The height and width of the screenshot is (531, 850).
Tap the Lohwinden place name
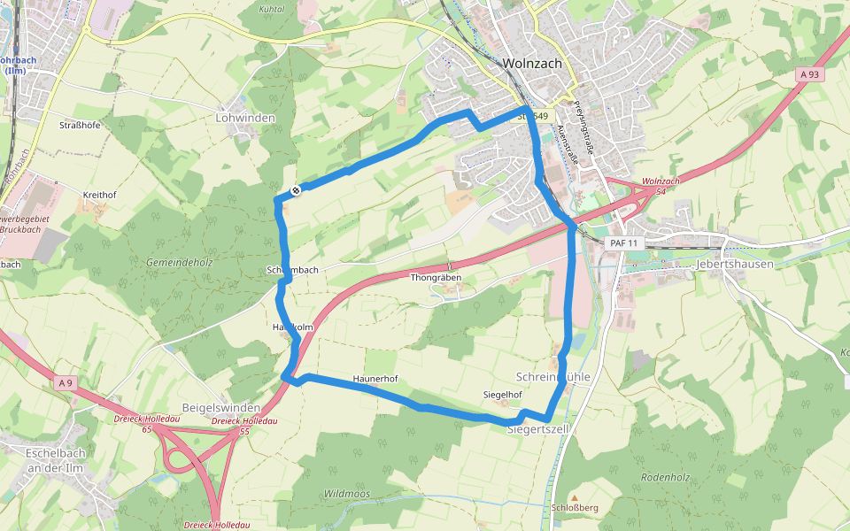[245, 118]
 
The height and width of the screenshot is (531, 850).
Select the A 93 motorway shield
[808, 75]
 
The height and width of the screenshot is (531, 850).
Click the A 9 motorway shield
[64, 382]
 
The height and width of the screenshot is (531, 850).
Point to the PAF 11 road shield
[623, 242]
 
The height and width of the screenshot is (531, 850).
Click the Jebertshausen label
[735, 264]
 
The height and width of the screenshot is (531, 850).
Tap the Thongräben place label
[436, 278]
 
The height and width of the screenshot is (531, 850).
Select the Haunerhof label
[375, 379]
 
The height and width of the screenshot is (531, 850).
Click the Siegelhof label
[502, 394]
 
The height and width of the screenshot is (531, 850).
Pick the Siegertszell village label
[537, 429]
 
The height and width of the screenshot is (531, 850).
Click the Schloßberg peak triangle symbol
[574, 498]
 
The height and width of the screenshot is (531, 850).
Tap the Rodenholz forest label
[665, 477]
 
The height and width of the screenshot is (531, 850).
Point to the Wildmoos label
[347, 493]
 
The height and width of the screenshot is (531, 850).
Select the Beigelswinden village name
[220, 407]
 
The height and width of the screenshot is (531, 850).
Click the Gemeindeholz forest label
[180, 263]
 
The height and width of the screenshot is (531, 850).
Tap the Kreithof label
[99, 194]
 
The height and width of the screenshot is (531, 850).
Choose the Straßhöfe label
[80, 125]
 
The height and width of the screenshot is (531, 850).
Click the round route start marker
[296, 189]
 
